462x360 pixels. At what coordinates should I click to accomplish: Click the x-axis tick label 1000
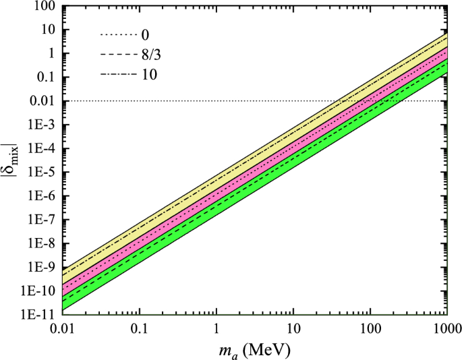pyautogui.click(x=445, y=330)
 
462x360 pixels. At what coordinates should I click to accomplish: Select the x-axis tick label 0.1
pyautogui.click(x=139, y=330)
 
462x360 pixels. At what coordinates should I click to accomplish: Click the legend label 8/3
pyautogui.click(x=152, y=54)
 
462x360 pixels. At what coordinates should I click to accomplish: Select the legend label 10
pyautogui.click(x=149, y=74)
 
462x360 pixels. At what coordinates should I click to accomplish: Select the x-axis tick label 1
pyautogui.click(x=216, y=330)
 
